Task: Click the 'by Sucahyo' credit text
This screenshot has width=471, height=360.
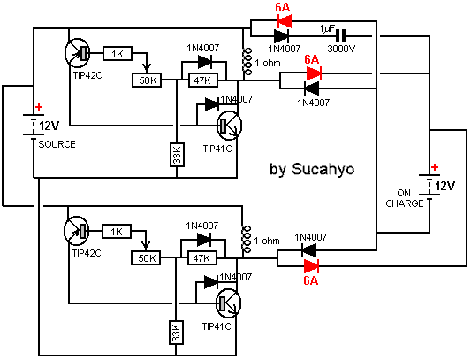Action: [312, 169]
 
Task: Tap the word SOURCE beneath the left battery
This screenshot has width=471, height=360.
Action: [57, 144]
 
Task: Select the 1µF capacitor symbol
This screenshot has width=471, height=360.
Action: [340, 36]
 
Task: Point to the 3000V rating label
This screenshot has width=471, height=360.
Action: [341, 49]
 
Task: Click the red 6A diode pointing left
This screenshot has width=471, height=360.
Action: [285, 21]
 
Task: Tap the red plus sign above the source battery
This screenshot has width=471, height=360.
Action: [39, 107]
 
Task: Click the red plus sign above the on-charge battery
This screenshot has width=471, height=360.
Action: [435, 167]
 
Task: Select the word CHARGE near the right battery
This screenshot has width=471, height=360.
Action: [405, 203]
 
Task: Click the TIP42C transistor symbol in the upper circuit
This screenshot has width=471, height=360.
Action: [77, 53]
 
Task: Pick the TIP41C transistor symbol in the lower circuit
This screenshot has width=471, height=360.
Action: [229, 303]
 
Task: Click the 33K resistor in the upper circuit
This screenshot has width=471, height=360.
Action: [178, 155]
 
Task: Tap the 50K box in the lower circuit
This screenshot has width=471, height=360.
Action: [146, 258]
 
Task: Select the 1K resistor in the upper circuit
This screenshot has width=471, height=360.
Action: [118, 54]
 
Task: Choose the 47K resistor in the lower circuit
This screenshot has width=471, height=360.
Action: [202, 258]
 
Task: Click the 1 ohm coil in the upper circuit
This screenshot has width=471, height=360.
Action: [247, 61]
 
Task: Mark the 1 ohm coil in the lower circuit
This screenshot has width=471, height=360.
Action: [247, 239]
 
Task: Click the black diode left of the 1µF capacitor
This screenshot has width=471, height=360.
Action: [282, 36]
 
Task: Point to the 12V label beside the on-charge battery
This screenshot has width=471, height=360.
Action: [444, 186]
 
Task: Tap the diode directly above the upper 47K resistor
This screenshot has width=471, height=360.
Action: [204, 62]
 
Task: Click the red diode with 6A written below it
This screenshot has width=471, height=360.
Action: [311, 266]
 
